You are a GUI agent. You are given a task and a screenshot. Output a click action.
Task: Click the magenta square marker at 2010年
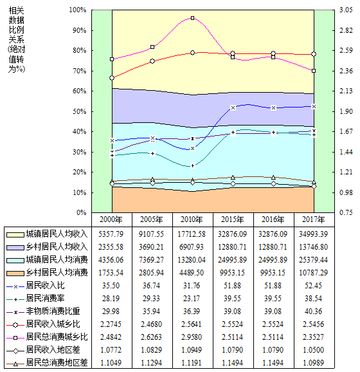click(193, 18)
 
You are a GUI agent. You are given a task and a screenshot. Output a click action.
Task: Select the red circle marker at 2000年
click(112, 78)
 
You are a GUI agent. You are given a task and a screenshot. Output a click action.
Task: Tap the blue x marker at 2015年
click(233, 107)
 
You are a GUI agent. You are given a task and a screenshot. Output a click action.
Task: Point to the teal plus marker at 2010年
click(193, 165)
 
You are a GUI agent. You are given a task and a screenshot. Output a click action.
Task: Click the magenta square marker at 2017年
click(314, 71)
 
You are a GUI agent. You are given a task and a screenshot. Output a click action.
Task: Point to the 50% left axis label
click(80, 111)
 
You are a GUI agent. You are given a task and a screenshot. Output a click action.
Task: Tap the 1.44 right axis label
click(346, 152)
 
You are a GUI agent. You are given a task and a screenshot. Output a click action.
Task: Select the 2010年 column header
click(192, 219)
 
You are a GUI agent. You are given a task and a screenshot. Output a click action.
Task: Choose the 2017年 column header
click(313, 219)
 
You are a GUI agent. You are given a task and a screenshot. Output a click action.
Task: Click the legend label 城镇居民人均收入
click(57, 234)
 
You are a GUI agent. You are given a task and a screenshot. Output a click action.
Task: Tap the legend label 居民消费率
click(45, 298)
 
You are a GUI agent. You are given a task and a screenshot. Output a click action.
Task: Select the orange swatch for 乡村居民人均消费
click(15, 273)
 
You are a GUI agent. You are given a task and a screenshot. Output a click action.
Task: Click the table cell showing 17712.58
click(192, 234)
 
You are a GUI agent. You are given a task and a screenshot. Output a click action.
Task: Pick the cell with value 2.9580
click(192, 337)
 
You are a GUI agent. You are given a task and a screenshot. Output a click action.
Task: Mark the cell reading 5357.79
click(111, 234)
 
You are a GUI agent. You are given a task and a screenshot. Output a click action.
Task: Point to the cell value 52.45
click(313, 285)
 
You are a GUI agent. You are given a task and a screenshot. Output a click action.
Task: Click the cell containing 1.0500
click(313, 349)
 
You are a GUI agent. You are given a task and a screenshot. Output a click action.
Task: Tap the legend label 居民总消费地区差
click(57, 362)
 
